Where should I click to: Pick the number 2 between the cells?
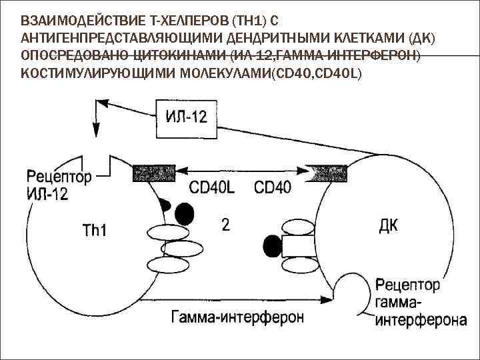point(225,225)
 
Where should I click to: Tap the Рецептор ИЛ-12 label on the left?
point(59,185)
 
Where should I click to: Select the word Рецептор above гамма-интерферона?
point(407,285)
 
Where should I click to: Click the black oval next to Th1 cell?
point(185,213)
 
